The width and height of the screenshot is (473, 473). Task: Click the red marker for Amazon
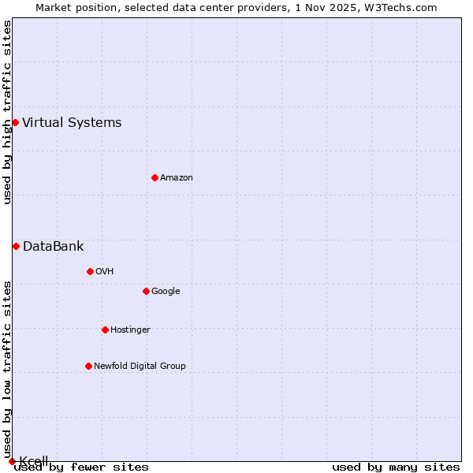click(x=155, y=177)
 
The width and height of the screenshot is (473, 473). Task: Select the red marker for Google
click(x=146, y=291)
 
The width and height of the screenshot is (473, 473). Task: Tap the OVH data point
click(x=90, y=271)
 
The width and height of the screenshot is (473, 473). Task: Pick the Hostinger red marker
click(x=105, y=330)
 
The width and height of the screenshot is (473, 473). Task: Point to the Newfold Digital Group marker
click(x=88, y=366)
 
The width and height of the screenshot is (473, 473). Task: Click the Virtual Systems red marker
click(x=15, y=122)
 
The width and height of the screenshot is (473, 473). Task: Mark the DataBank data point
click(x=16, y=246)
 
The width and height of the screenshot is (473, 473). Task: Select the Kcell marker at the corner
click(x=12, y=461)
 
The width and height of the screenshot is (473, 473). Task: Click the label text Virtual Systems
click(x=72, y=122)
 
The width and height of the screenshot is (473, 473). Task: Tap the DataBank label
click(x=53, y=246)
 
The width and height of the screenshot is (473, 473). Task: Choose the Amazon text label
click(x=176, y=177)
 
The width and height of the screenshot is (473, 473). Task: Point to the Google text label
click(x=166, y=291)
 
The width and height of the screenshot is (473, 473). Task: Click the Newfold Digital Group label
click(x=140, y=366)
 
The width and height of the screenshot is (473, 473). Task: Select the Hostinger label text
click(x=130, y=330)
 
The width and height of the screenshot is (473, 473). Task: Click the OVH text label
click(x=104, y=271)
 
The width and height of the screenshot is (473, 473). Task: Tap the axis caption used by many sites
click(x=396, y=467)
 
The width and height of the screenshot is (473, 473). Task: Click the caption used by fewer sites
click(x=81, y=467)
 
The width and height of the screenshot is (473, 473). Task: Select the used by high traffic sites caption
click(x=7, y=112)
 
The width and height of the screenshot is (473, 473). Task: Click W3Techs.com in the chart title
click(x=400, y=8)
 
